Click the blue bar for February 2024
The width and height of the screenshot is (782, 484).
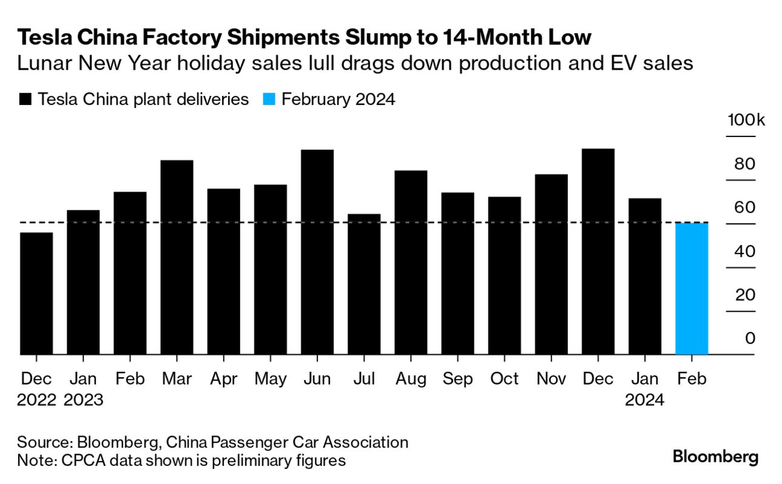click(x=691, y=289)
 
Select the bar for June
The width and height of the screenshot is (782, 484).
click(x=317, y=252)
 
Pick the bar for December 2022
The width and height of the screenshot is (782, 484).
click(x=36, y=294)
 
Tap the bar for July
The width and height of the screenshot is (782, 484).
click(x=364, y=284)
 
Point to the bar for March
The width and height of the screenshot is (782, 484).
click(x=177, y=257)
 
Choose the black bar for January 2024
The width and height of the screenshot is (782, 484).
click(x=645, y=276)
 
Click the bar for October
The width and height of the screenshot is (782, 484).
click(x=505, y=275)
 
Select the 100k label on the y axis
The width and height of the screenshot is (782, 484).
click(x=746, y=119)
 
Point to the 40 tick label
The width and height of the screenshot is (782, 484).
click(x=746, y=251)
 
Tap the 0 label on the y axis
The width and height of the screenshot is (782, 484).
click(x=750, y=338)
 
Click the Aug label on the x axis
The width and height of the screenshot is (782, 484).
click(x=411, y=379)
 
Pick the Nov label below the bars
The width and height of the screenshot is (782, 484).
click(x=551, y=379)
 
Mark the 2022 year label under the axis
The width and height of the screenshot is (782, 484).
click(x=36, y=400)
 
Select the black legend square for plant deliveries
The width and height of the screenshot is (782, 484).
click(x=25, y=99)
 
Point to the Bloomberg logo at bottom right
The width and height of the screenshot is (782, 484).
click(x=715, y=456)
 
